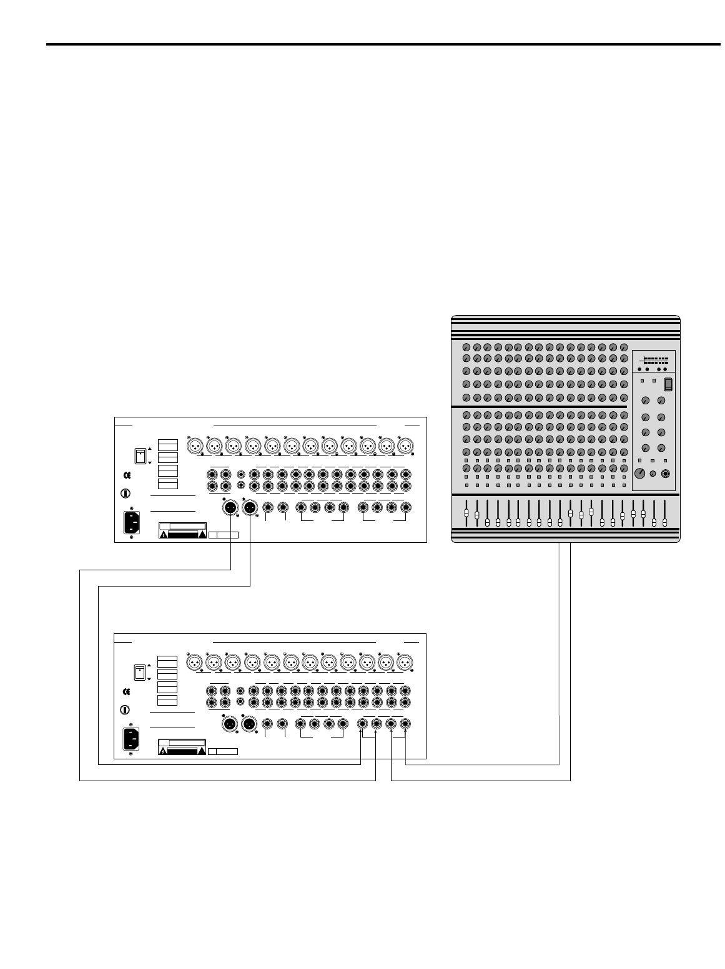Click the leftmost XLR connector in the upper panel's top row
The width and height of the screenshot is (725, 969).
(195, 447)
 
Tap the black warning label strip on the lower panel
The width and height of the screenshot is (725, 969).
(183, 751)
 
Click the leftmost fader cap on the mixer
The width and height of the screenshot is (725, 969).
(466, 513)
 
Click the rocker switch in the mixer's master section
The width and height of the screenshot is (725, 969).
(668, 384)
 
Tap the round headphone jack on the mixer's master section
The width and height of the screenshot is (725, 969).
(667, 473)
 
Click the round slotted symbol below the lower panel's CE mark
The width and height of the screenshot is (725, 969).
(125, 709)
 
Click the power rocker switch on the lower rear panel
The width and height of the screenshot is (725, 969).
(141, 672)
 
